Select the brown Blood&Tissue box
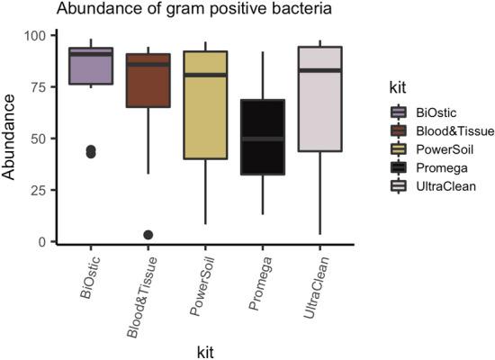pos(148,81)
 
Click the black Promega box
pos(263,136)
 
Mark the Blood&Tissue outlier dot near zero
pos(148,235)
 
